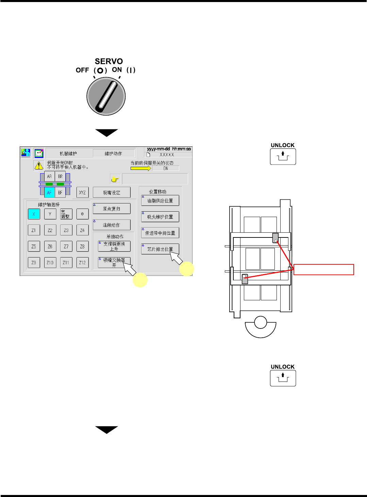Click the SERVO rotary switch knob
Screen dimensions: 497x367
coord(106,96)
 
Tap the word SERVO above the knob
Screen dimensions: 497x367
coord(109,61)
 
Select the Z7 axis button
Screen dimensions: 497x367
coord(66,246)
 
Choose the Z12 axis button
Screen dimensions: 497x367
coord(82,263)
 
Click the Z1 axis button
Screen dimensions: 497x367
coord(34,230)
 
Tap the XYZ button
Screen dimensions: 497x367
coord(82,192)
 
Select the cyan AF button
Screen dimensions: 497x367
coord(50,192)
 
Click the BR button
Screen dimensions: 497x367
coord(60,176)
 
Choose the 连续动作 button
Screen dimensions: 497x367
coord(112,225)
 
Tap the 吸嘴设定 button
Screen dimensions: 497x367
coord(112,192)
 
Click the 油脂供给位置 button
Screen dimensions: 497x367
coord(160,200)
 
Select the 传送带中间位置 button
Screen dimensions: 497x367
coord(160,233)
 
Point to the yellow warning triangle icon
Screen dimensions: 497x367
coord(39,165)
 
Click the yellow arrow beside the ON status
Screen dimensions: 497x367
coord(140,168)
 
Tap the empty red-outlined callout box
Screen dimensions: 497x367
coord(323,269)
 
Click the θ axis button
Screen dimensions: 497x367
coord(82,214)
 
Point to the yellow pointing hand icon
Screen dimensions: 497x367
coord(115,179)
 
